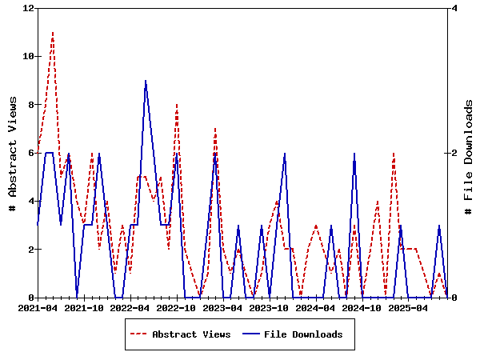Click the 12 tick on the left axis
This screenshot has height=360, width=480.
pyautogui.click(x=30, y=8)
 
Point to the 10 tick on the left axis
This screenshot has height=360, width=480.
pyautogui.click(x=30, y=56)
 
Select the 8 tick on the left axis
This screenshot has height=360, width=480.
pyautogui.click(x=30, y=105)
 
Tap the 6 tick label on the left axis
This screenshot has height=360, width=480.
pyautogui.click(x=30, y=153)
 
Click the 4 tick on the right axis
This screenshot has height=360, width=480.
pyautogui.click(x=454, y=8)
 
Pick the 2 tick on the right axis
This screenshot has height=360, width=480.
pyautogui.click(x=454, y=153)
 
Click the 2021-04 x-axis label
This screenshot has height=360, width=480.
pyautogui.click(x=38, y=307)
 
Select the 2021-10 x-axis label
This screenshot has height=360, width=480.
pyautogui.click(x=84, y=307)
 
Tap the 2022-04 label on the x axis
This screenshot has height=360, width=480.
pyautogui.click(x=130, y=307)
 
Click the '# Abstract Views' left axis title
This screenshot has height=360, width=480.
pyautogui.click(x=13, y=153)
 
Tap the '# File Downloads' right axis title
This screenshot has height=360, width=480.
pyautogui.click(x=469, y=153)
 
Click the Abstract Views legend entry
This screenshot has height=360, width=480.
pyautogui.click(x=191, y=334)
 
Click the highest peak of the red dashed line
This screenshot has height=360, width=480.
pyautogui.click(x=53, y=33)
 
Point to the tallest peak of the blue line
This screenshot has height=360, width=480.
pyautogui.click(x=146, y=81)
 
